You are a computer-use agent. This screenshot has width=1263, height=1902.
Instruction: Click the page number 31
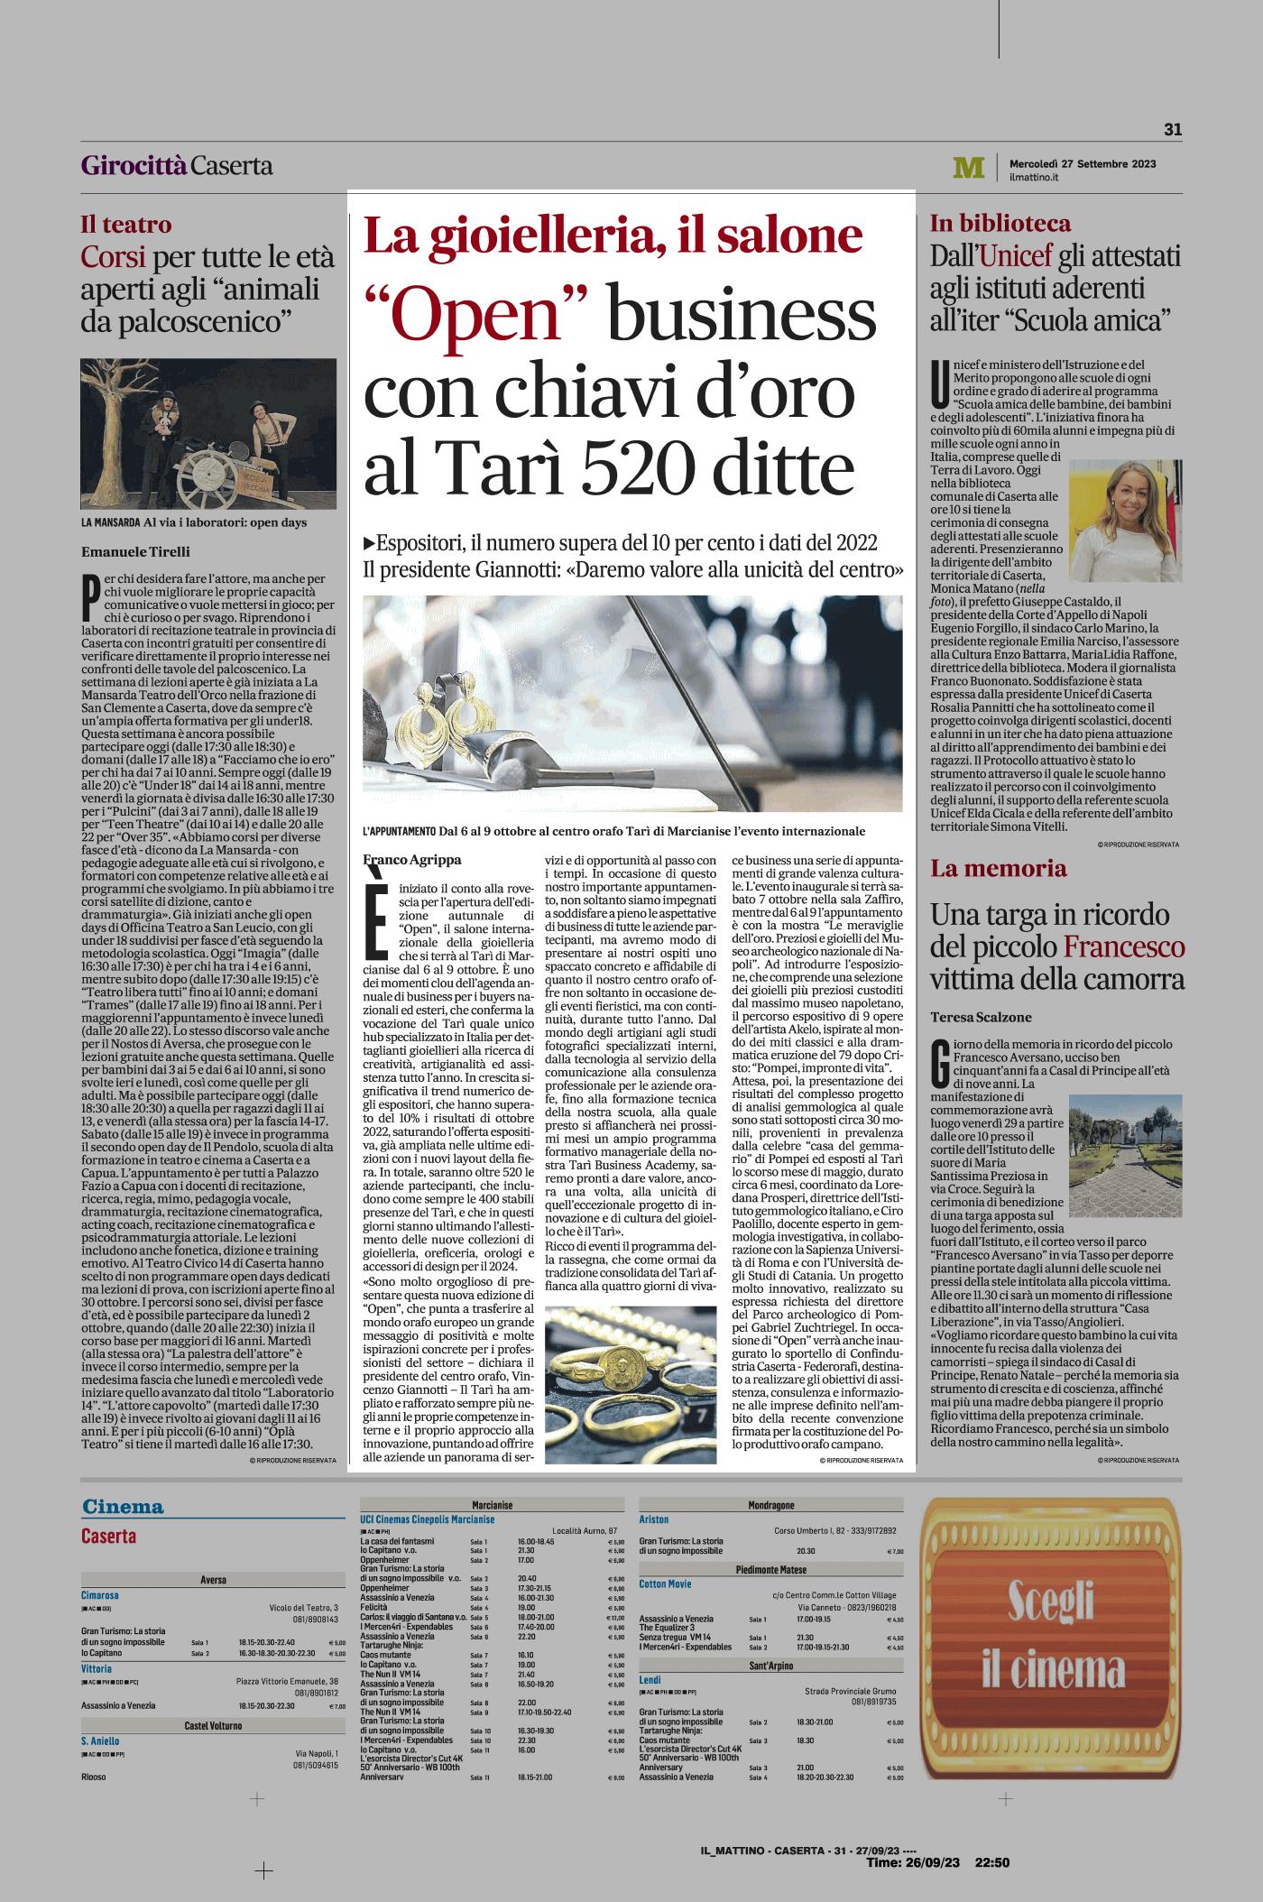pyautogui.click(x=1172, y=130)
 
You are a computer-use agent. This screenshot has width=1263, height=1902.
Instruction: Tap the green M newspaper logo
pyautogui.click(x=968, y=168)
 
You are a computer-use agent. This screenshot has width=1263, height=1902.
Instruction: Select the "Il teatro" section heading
pyautogui.click(x=125, y=225)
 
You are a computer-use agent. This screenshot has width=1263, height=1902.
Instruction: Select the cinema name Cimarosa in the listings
pyautogui.click(x=99, y=1594)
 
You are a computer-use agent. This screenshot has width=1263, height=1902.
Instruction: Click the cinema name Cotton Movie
pyautogui.click(x=669, y=1583)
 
